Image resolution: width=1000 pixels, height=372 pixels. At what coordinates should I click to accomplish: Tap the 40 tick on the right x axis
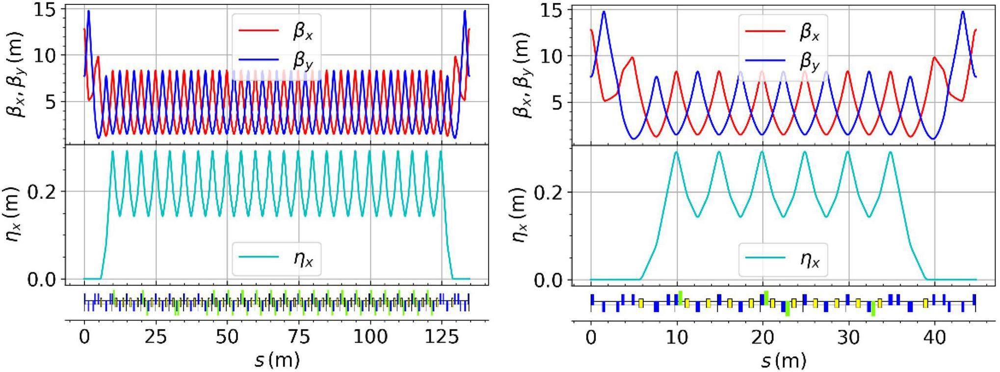pos(935,339)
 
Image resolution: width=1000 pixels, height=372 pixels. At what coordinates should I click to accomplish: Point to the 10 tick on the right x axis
pos(677,339)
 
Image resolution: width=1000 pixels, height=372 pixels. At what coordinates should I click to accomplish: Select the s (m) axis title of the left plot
pos(277,361)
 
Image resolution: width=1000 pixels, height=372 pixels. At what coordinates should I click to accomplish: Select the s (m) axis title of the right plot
pos(784,361)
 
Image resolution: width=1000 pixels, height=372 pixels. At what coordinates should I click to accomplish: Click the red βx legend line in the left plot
pos(259,31)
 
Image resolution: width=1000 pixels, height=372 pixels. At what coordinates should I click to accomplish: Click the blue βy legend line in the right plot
pos(765,61)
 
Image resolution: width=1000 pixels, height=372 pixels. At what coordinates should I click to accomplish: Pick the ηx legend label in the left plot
pos(302,258)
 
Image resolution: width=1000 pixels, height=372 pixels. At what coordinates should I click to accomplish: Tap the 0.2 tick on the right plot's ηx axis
pos(549,192)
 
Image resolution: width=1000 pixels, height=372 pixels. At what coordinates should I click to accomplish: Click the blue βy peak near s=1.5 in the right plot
pos(604,12)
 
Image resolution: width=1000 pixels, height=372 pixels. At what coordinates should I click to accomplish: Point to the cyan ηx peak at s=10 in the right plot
pos(677,152)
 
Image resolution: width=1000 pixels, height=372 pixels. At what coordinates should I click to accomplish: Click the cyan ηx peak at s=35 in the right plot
pos(891,152)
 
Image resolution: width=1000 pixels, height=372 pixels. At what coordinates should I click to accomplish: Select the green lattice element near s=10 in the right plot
pos(681,297)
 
